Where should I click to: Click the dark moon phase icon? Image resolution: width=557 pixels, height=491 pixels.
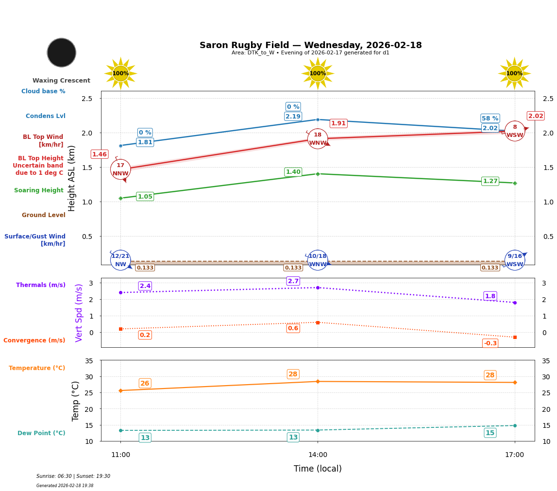[x=62, y=52]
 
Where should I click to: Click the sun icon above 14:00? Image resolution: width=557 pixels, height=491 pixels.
[x=318, y=73]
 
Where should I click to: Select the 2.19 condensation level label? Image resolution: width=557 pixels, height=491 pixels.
[x=293, y=117]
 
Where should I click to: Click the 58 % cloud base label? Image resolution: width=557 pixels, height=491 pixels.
[x=490, y=119]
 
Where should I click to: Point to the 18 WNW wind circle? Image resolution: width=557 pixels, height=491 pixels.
[x=318, y=139]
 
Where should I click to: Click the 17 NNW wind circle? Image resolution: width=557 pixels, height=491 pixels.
[x=120, y=169]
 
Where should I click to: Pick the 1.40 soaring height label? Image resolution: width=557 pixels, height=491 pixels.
[x=293, y=172]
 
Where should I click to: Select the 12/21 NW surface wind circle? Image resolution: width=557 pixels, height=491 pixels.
[x=120, y=260]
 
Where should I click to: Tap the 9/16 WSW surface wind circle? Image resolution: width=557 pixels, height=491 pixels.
[x=515, y=260]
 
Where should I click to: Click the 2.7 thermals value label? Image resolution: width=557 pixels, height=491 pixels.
[x=293, y=281]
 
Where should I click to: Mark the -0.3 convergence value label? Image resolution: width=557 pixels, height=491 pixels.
[x=490, y=343]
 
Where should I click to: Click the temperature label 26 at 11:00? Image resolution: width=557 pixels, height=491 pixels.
[x=145, y=383]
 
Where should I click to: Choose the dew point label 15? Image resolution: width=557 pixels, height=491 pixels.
[x=490, y=433]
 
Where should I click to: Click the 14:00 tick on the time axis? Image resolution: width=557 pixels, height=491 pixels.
[x=318, y=455]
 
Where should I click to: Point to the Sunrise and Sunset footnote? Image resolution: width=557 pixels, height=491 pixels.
[x=73, y=476]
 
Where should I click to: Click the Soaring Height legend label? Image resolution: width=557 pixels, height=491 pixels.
[x=39, y=190]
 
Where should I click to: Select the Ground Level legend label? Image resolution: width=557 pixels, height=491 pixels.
[x=44, y=215]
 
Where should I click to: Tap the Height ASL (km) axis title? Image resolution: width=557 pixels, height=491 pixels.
[x=72, y=178]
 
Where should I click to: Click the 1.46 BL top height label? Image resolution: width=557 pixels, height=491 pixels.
[x=100, y=154]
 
